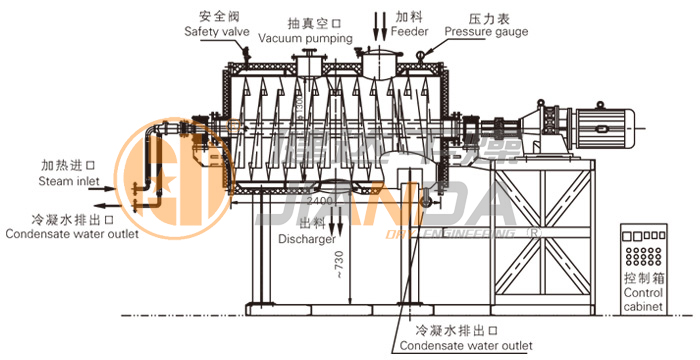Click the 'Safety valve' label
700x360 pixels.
(216, 32)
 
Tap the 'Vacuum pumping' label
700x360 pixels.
(305, 38)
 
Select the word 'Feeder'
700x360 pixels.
(410, 32)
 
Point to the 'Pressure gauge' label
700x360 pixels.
(486, 32)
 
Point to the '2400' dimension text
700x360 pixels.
(319, 200)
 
